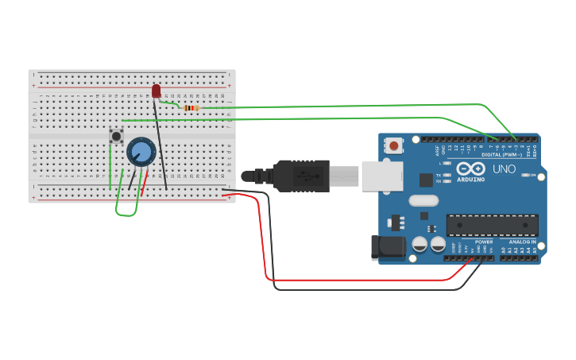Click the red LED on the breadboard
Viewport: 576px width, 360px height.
coord(156,91)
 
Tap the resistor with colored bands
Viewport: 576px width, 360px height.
coord(191,108)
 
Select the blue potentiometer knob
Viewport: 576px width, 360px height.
coord(141,152)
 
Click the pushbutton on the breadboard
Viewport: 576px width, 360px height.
coord(117,137)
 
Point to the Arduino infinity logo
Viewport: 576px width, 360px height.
coord(470,168)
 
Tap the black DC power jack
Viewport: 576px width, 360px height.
coord(388,247)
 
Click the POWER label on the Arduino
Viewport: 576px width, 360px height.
coord(484,242)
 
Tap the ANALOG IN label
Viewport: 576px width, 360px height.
coord(522,242)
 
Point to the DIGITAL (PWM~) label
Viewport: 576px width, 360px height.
coord(501,154)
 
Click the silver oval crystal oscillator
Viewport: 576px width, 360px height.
coord(423,201)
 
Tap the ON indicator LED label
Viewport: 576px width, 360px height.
coord(531,175)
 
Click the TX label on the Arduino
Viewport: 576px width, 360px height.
coord(439,175)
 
